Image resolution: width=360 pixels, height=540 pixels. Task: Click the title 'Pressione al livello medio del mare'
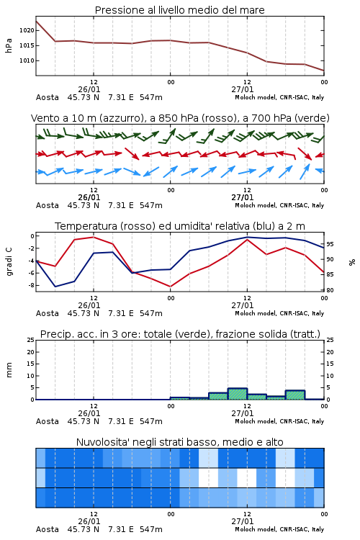[x=179, y=10]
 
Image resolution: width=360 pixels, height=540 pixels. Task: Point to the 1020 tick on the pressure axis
[x=27, y=30]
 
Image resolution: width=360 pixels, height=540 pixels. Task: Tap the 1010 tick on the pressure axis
[x=27, y=60]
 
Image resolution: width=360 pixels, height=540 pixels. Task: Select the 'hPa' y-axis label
[x=9, y=45]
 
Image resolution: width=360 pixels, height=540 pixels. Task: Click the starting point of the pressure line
[x=36, y=22]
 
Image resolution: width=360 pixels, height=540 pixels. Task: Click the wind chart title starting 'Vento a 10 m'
[x=180, y=118]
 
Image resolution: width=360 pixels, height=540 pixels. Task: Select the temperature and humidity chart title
[x=180, y=226]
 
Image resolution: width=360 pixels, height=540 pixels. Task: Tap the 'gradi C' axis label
[x=9, y=262]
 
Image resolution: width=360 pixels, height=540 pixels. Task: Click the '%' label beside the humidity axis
[x=352, y=262]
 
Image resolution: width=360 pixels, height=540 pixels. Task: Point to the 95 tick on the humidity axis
[x=330, y=244]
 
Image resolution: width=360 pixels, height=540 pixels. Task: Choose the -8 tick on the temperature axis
[x=31, y=285]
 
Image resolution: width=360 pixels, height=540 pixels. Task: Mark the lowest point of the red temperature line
[x=171, y=287]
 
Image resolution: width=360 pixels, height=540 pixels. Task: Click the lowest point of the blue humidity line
[x=55, y=287]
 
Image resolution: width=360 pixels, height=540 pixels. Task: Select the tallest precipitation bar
[x=238, y=394]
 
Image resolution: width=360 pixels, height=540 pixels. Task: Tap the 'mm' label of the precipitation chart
[x=9, y=370]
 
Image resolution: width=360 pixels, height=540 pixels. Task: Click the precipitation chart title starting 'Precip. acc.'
[x=180, y=334]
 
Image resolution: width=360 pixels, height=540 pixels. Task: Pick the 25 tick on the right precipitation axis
[x=330, y=340]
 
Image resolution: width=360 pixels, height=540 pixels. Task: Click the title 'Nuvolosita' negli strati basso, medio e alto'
[x=179, y=442]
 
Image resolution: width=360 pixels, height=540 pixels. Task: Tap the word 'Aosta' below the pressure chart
[x=48, y=97]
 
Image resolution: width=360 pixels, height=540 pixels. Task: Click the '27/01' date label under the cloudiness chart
[x=242, y=521]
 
